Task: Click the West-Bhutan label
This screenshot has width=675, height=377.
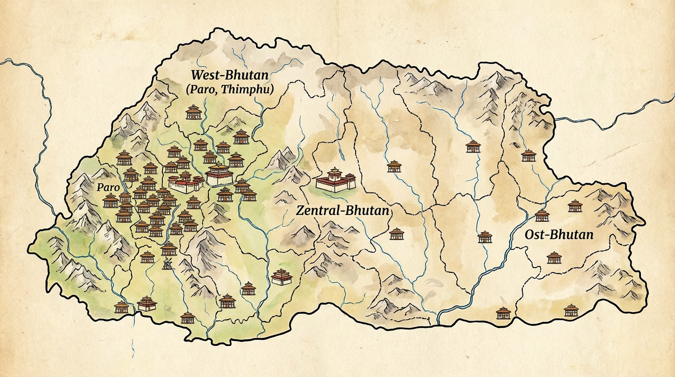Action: point(230,76)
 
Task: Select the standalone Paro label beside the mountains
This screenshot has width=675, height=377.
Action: point(108,187)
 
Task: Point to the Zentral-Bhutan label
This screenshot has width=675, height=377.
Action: point(343,211)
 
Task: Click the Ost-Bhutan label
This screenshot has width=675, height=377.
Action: point(559,234)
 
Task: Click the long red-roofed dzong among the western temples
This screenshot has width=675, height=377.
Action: point(186,183)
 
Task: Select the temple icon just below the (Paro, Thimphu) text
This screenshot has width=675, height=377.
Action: point(194,112)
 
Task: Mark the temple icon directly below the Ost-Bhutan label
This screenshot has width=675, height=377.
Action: point(554,257)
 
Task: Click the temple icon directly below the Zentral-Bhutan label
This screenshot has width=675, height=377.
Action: point(396,234)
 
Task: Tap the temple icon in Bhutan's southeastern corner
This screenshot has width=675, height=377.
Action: point(571,310)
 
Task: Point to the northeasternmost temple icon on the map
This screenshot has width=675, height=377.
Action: point(528,156)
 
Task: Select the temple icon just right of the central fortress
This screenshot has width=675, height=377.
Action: point(394,166)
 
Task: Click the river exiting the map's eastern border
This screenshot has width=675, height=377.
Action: point(613,116)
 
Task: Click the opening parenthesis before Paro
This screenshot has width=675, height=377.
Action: point(188,90)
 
